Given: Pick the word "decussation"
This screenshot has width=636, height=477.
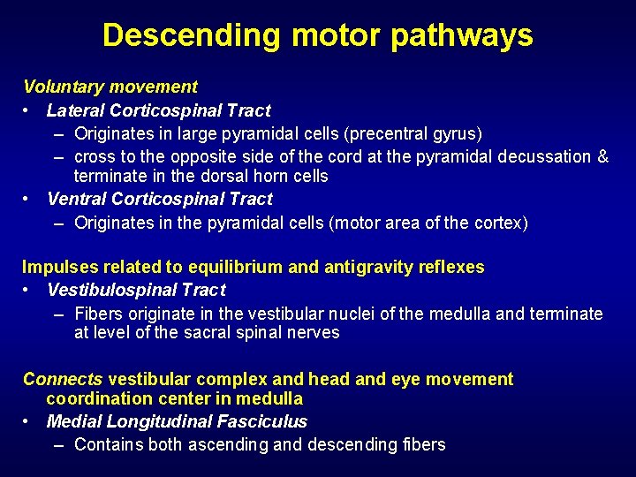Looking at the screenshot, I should pyautogui.click(x=545, y=157).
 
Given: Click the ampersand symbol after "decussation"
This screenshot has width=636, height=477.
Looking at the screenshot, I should pyautogui.click(x=603, y=157).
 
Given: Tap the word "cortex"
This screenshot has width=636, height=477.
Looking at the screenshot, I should pyautogui.click(x=501, y=223).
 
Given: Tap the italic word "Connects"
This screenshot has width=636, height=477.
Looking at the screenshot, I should pyautogui.click(x=63, y=379).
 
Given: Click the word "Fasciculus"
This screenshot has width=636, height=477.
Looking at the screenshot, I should pyautogui.click(x=263, y=422).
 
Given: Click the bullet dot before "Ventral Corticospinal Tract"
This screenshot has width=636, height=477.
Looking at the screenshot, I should pyautogui.click(x=28, y=200).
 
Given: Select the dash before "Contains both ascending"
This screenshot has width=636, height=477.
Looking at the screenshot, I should pyautogui.click(x=58, y=445).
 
